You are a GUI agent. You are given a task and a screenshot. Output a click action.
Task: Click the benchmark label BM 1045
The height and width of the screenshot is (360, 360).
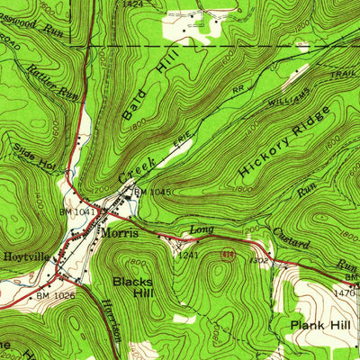click(152, 192)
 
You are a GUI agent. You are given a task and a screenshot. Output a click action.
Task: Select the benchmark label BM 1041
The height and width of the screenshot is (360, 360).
click(85, 211)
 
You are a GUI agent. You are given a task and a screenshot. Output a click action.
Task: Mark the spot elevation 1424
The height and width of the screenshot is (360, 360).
click(133, 4)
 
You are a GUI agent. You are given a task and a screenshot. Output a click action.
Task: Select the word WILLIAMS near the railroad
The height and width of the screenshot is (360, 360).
click(289, 102)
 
